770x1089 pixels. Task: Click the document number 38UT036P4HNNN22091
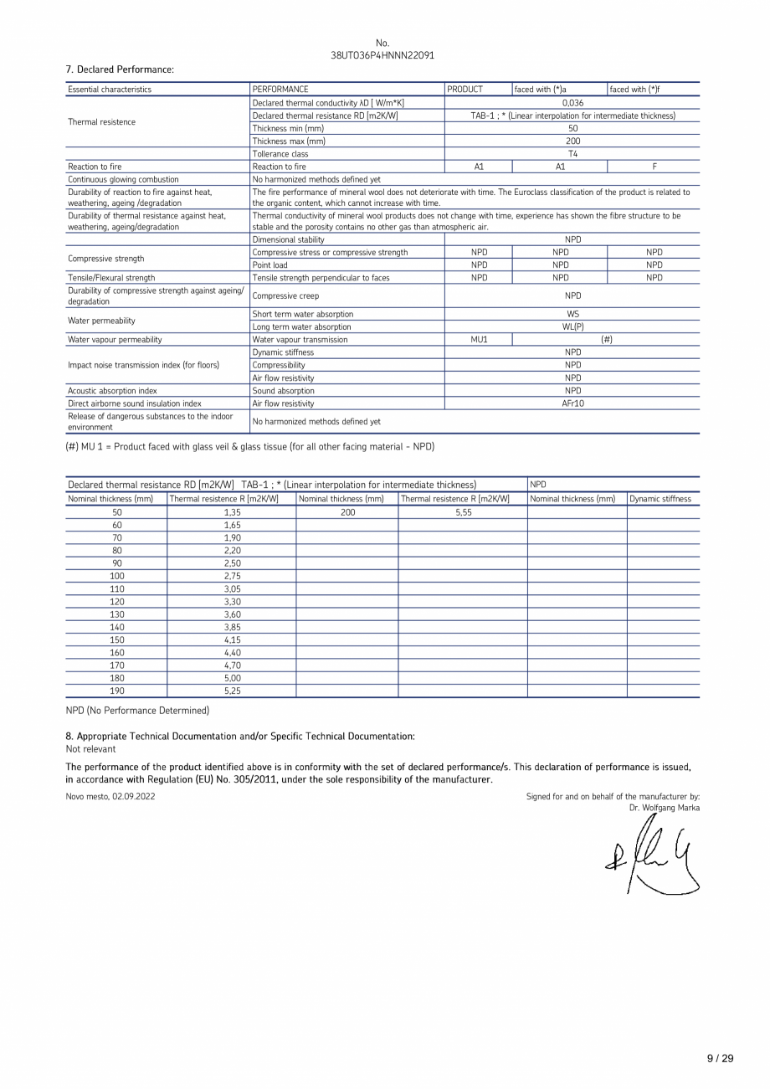tap(382, 55)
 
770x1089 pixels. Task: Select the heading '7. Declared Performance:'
tap(120, 69)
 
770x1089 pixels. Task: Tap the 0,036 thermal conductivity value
tap(572, 103)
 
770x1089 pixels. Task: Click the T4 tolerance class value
tap(572, 154)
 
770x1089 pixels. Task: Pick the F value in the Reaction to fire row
tap(654, 167)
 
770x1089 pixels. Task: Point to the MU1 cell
tap(479, 340)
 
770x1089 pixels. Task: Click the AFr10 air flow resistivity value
tap(572, 403)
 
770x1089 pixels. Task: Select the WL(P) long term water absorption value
tap(572, 326)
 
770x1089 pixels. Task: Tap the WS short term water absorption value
tap(572, 314)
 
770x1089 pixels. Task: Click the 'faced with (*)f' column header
tap(640, 89)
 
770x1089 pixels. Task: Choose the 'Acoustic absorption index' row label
tap(111, 391)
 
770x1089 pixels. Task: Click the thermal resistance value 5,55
tap(463, 511)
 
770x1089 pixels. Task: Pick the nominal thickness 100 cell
tap(116, 576)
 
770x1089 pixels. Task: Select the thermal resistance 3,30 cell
tap(232, 601)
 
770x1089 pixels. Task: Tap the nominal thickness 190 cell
tap(116, 691)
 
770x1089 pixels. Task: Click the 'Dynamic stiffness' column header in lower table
tap(660, 499)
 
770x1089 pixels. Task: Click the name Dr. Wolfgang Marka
tap(665, 808)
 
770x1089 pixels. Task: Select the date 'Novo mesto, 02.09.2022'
tap(110, 796)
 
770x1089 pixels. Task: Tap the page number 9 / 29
tap(720, 1058)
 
